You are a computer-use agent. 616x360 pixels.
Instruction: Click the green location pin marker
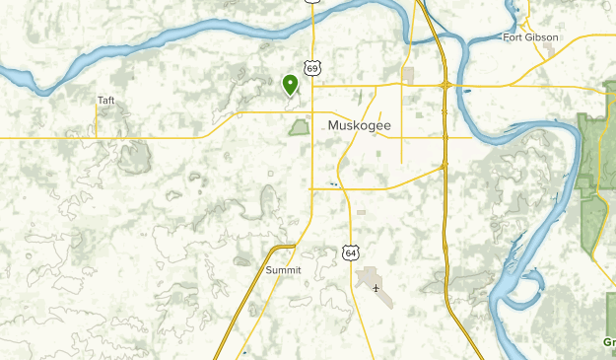[291, 84]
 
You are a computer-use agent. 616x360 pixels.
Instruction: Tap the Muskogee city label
[358, 125]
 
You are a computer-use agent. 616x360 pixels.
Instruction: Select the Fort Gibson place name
[530, 37]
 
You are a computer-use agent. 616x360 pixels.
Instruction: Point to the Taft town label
[106, 100]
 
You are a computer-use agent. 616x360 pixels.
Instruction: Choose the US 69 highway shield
[312, 68]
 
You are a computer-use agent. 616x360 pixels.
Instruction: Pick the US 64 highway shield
[351, 252]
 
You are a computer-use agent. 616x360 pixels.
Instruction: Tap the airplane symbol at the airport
[376, 288]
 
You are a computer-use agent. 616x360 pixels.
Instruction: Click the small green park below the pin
[299, 126]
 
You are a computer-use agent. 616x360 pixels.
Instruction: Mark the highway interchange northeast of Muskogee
[446, 85]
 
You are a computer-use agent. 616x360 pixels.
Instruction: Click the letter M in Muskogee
[332, 125]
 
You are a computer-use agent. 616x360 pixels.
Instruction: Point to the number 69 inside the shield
[312, 68]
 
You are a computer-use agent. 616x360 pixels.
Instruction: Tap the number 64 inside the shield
[351, 253]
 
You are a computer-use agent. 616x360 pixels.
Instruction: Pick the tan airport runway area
[371, 278]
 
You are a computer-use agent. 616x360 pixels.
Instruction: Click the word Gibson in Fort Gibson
[541, 37]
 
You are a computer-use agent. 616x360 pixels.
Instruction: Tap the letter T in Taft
[100, 100]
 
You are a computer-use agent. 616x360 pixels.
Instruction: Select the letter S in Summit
[268, 269]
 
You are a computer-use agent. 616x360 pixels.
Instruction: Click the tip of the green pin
[291, 96]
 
